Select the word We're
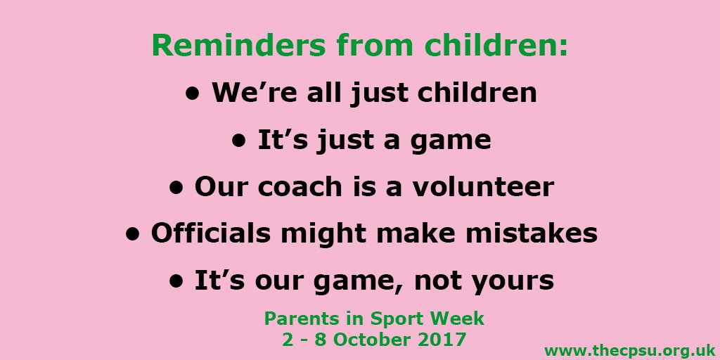click(x=247, y=93)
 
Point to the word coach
click(x=297, y=187)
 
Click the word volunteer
click(x=485, y=187)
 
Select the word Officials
click(x=215, y=233)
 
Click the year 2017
click(x=440, y=340)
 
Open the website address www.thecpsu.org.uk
click(x=630, y=349)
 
